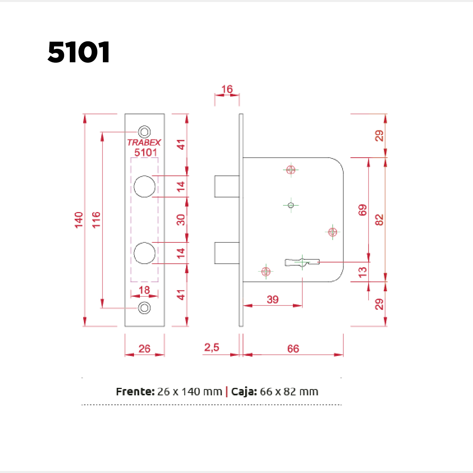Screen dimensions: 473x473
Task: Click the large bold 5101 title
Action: (x=78, y=52)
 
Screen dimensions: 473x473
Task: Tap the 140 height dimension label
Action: (x=79, y=220)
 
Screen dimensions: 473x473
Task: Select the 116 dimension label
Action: (x=96, y=220)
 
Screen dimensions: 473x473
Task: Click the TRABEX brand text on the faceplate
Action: (x=144, y=143)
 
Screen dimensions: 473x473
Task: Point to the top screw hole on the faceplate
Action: (x=144, y=132)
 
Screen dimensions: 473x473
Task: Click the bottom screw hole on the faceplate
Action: (x=144, y=307)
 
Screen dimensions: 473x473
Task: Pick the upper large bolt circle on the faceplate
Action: (x=144, y=186)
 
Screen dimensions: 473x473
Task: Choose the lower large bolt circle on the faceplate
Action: (x=144, y=253)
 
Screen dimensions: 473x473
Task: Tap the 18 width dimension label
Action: (x=144, y=290)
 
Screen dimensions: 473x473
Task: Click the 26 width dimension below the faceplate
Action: (x=144, y=349)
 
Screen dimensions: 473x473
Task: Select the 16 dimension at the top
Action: (x=227, y=89)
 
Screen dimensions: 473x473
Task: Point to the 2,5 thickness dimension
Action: (x=212, y=348)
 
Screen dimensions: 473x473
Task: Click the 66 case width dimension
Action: (x=293, y=349)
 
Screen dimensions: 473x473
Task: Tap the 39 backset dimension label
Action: (x=273, y=300)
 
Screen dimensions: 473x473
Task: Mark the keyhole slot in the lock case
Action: (x=302, y=262)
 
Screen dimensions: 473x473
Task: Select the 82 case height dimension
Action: (x=379, y=220)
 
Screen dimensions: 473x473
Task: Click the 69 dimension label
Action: (x=363, y=210)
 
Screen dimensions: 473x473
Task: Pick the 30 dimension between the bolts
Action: (x=181, y=220)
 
